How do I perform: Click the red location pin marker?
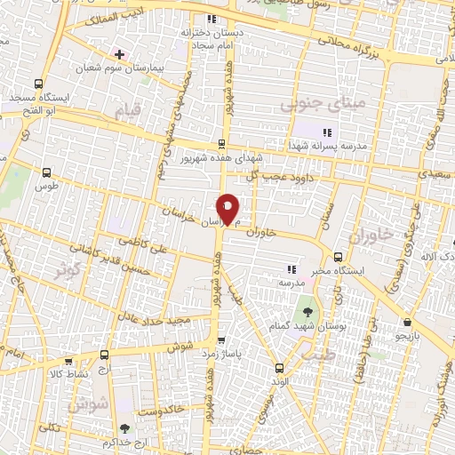(228, 208)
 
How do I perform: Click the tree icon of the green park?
(307, 312)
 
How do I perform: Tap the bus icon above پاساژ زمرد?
(220, 339)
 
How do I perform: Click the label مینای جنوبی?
(310, 104)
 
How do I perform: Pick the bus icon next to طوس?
(47, 173)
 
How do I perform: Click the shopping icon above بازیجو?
(407, 322)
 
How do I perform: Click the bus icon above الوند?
(279, 367)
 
